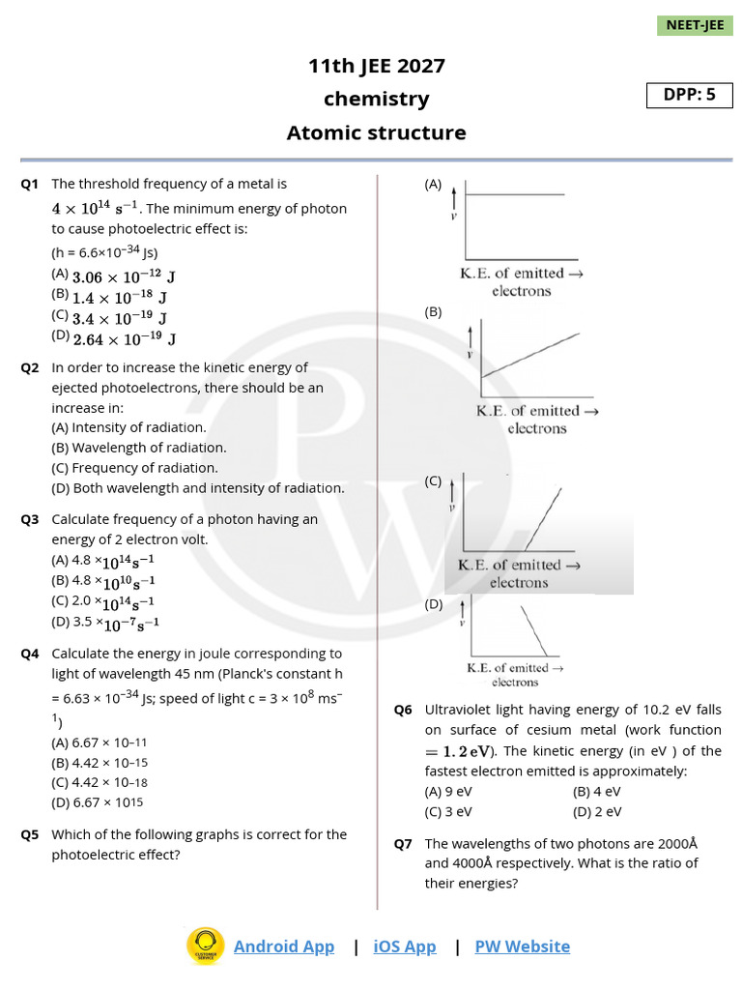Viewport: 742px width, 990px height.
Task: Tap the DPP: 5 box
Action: [x=690, y=95]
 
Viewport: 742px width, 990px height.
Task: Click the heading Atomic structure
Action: [x=376, y=132]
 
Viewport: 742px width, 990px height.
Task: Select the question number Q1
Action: [x=29, y=184]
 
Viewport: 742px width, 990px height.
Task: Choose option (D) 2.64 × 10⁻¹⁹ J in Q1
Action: [x=114, y=338]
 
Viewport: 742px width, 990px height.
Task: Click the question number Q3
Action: [x=29, y=520]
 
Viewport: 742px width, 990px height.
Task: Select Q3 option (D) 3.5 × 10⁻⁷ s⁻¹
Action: [x=102, y=622]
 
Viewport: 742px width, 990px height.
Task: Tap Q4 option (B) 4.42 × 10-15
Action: [x=100, y=762]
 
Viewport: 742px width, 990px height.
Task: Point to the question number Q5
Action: [x=29, y=834]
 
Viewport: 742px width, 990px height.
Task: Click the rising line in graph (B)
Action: [x=531, y=354]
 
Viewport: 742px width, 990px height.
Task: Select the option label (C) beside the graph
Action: [x=433, y=480]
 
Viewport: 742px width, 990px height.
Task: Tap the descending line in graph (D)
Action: [x=534, y=630]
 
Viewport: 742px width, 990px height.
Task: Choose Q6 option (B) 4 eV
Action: [x=596, y=791]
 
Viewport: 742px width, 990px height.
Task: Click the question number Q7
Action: [x=403, y=843]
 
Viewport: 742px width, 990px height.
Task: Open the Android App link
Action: [x=284, y=946]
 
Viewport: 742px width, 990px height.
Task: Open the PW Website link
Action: [x=522, y=946]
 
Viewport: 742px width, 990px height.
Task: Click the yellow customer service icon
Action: [x=205, y=946]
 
